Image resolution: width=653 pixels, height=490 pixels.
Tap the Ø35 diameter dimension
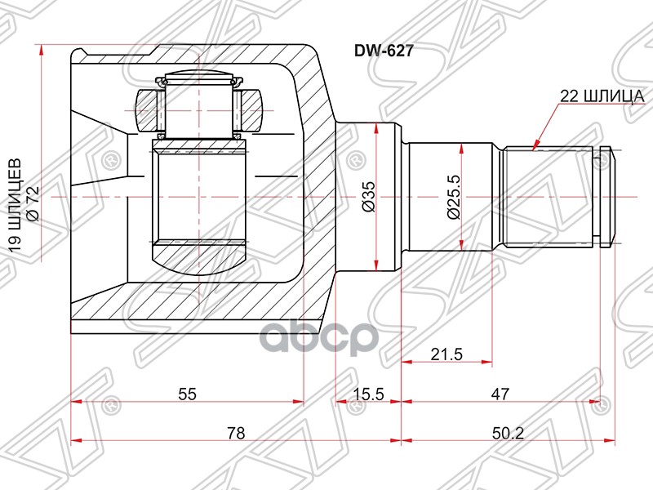coord(368,197)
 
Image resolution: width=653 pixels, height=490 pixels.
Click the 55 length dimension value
coord(187,394)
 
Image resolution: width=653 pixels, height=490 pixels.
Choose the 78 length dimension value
coord(236,434)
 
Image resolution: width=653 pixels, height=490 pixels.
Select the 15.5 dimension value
coord(367,394)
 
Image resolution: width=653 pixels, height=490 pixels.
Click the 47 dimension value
coord(500,394)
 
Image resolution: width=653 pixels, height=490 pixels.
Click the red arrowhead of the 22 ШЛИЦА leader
coord(534,147)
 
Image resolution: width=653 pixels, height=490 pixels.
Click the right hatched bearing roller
coord(254,109)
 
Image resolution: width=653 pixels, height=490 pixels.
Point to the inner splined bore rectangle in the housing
coord(200,196)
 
